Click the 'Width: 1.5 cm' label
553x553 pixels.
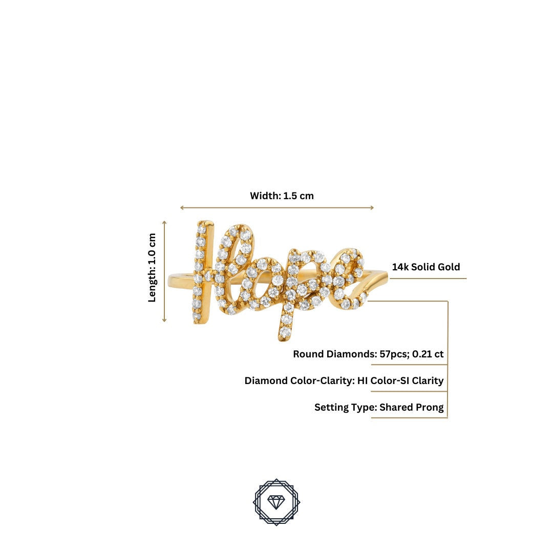[282, 196]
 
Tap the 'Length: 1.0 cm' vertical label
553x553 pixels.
[152, 268]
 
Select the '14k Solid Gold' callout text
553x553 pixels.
[426, 267]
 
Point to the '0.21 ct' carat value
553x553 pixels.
[428, 354]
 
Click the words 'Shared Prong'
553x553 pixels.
[412, 408]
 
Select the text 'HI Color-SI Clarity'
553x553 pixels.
[400, 381]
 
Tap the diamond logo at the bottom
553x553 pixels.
[276, 502]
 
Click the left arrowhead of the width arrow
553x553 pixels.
[182, 208]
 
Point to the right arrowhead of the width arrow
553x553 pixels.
[372, 208]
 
